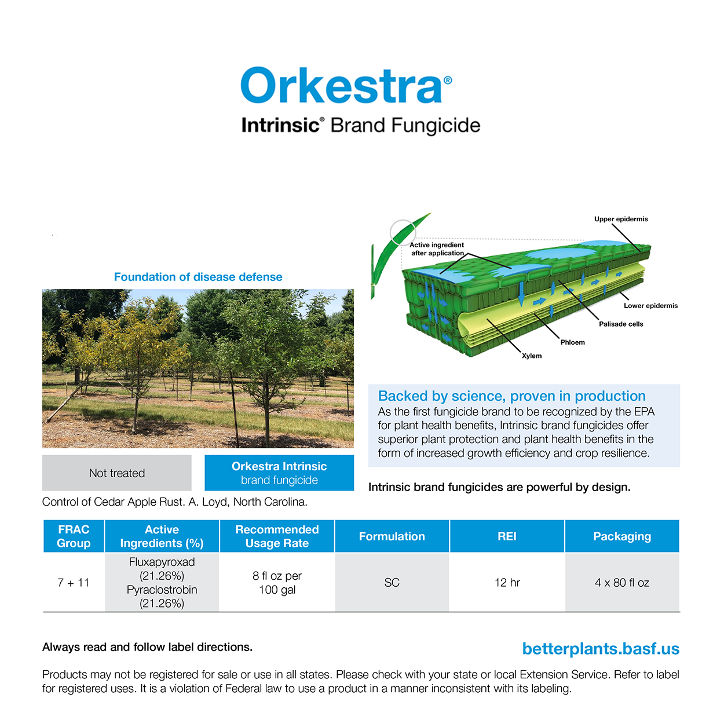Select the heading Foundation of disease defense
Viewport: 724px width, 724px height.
point(198,277)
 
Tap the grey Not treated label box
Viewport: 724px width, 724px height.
point(117,473)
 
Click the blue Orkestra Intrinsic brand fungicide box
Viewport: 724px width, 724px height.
point(279,473)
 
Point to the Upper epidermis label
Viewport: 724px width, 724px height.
point(621,219)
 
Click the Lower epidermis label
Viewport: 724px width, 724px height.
point(650,306)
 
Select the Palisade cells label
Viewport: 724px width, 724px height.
point(621,324)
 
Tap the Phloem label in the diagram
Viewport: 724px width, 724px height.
point(572,342)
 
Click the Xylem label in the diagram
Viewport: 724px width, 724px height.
point(532,356)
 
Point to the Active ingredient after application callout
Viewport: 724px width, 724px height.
point(437,249)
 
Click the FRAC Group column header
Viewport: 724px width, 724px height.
point(74,536)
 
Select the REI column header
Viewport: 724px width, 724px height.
point(507,536)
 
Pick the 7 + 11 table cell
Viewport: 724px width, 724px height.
point(74,583)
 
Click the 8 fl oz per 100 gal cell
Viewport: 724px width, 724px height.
point(277,583)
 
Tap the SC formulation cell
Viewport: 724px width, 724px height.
point(392,583)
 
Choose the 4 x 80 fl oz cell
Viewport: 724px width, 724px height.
point(622,583)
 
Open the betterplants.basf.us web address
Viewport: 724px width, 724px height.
point(601,649)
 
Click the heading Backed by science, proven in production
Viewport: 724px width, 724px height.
point(511,396)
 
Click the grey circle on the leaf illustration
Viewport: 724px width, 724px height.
point(403,233)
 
